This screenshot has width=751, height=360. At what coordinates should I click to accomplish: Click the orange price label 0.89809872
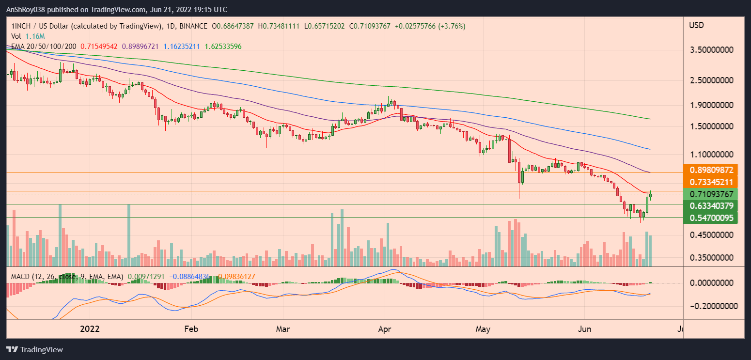pos(710,170)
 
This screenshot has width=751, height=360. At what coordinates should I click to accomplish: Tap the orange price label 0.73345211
pos(710,182)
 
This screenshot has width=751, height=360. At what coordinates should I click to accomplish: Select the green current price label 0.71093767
pos(710,194)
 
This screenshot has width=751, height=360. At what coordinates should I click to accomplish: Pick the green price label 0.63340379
pos(710,206)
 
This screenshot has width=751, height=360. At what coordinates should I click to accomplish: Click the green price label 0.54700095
pos(710,218)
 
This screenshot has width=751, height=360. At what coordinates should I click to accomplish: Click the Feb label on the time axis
pos(191,329)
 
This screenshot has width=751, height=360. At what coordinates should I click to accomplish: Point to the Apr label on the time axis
pos(385,329)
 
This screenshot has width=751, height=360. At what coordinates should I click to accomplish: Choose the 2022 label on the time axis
pos(90,329)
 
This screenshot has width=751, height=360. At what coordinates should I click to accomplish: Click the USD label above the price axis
pos(696,25)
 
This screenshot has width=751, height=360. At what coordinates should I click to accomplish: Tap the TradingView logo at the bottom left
pos(35,349)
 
